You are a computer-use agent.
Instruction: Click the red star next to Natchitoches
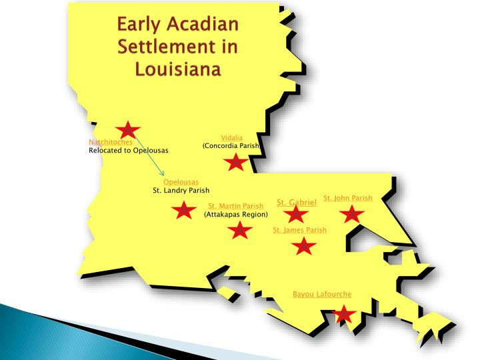[x=127, y=131]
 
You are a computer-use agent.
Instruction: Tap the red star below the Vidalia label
[x=235, y=162]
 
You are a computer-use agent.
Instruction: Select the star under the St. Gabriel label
[x=295, y=215]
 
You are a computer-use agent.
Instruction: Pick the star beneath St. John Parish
[x=351, y=215]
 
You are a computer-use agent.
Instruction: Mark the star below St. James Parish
[x=304, y=246]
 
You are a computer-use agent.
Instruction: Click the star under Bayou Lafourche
[x=343, y=314]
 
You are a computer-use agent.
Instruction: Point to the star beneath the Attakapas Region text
[x=239, y=231]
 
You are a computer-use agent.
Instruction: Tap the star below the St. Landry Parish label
[x=183, y=211]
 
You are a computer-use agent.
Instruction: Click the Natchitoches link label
[x=111, y=142]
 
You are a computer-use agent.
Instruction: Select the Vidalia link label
[x=232, y=137]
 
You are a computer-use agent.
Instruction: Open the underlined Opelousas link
[x=181, y=182]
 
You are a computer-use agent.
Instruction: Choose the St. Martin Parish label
[x=235, y=206]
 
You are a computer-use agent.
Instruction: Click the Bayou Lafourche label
[x=322, y=294]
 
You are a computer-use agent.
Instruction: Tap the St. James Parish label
[x=300, y=230]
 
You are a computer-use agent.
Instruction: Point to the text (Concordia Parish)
[x=231, y=145]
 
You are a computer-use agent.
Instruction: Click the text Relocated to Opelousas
[x=129, y=150]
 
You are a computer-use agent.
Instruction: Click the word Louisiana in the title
[x=178, y=68]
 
